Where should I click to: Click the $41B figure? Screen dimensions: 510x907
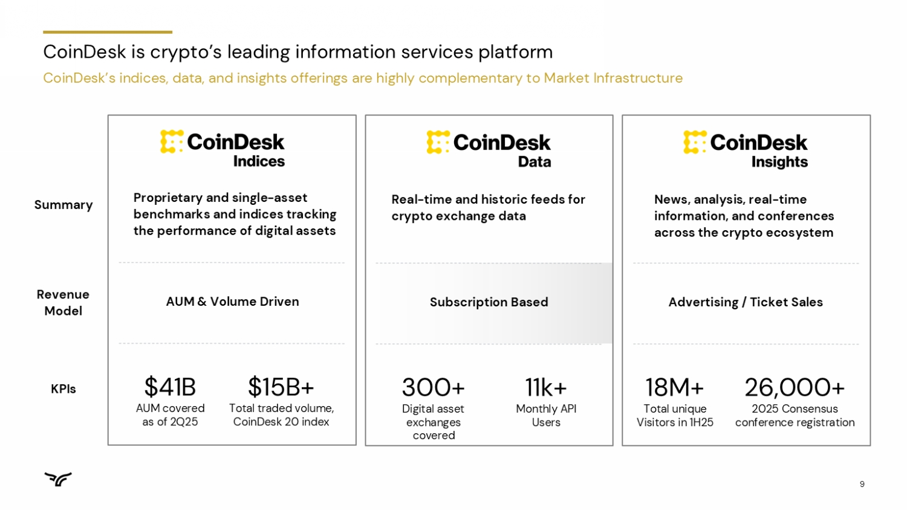point(170,387)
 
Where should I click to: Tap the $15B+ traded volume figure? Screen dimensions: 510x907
point(281,387)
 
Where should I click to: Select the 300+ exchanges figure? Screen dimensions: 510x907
point(434,387)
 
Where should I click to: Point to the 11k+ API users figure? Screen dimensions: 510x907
point(546,387)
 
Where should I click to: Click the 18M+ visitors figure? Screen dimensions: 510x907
point(675,387)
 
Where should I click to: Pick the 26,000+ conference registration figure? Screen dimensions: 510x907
point(795,387)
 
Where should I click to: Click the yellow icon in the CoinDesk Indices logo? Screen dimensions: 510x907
point(172,142)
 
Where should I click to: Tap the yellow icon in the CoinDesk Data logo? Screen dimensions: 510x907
point(438,142)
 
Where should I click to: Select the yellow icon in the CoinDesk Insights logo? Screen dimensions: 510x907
point(695,142)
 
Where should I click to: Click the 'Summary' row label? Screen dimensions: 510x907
point(63,205)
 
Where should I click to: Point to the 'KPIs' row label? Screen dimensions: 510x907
point(63,389)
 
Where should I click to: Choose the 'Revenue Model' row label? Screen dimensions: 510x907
point(63,303)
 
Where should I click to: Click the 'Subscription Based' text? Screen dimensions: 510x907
point(489,302)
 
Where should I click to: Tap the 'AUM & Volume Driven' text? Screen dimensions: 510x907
point(232,302)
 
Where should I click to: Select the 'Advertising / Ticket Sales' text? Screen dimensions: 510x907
point(746,302)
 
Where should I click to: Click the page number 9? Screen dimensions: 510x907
point(862,484)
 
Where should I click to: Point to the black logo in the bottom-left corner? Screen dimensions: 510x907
point(58,479)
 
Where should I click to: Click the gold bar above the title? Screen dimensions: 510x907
point(108,32)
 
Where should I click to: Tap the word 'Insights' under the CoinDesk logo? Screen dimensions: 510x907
point(779,162)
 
